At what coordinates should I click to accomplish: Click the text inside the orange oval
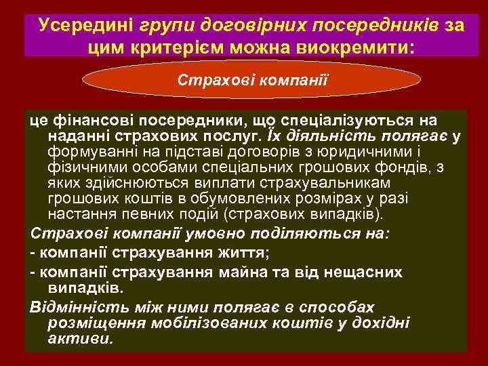coord(253,80)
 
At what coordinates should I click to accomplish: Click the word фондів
coord(415,167)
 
